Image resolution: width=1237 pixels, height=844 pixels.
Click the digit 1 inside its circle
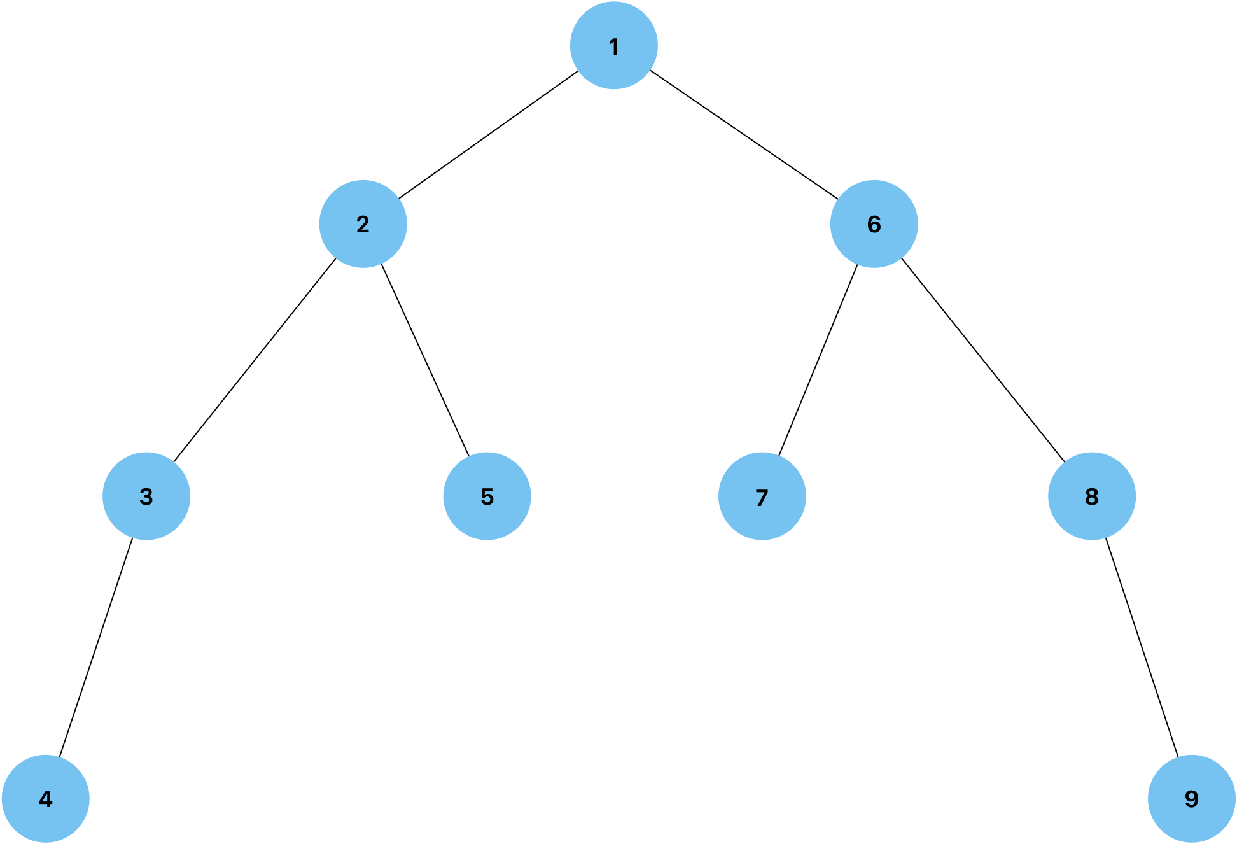(x=614, y=46)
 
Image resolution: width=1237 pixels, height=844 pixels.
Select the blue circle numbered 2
(x=363, y=223)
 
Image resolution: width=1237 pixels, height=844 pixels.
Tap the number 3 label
(x=146, y=496)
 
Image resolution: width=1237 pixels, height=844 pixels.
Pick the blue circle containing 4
(x=46, y=798)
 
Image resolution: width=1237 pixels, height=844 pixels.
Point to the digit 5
(x=487, y=496)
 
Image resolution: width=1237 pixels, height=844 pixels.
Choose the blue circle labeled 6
(x=874, y=223)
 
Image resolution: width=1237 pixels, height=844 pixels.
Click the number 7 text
(x=762, y=497)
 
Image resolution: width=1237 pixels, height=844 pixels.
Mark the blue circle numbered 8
(x=1092, y=496)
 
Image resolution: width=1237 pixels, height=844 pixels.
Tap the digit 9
(x=1192, y=798)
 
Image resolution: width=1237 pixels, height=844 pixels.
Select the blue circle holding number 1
(x=614, y=46)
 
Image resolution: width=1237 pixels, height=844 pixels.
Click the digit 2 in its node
(x=363, y=224)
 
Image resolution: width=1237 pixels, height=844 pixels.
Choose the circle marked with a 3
(x=146, y=496)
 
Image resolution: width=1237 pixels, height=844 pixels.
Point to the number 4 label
(x=46, y=799)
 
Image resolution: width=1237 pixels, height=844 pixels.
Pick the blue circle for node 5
(x=487, y=496)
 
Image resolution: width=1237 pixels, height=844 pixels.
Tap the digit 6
(x=874, y=224)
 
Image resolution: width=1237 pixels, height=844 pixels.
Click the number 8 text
(x=1092, y=496)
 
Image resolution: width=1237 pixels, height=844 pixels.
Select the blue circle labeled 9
(x=1192, y=798)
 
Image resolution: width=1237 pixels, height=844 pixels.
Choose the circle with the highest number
(x=1192, y=798)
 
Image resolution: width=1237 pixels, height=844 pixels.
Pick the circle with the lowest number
(x=614, y=46)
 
